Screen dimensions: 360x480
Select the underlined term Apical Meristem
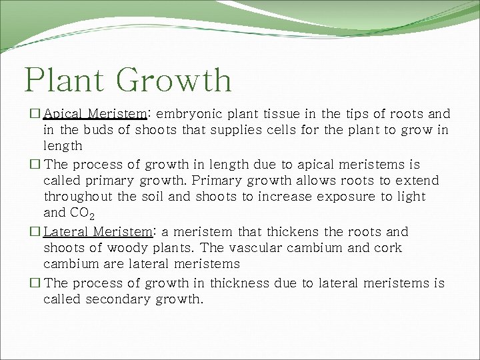[x=95, y=114]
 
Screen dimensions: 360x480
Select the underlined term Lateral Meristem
[x=98, y=232]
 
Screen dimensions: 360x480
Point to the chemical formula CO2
[x=85, y=213]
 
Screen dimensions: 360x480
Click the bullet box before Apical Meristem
[x=35, y=114]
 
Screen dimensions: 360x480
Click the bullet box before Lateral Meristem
[x=35, y=232]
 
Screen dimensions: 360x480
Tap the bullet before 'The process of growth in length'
[x=35, y=165]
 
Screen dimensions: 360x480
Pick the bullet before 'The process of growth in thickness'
[x=35, y=283]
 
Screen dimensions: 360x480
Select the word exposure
[x=347, y=197]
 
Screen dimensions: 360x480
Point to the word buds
[x=101, y=130]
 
